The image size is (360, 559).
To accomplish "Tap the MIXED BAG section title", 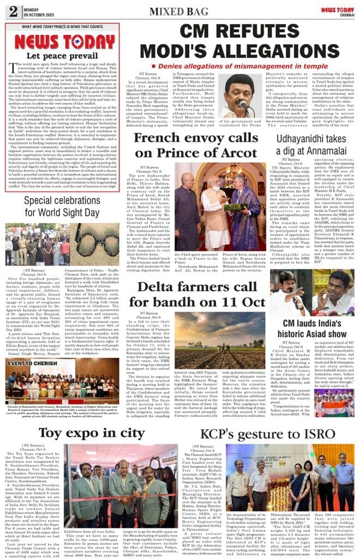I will click(179, 10).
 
